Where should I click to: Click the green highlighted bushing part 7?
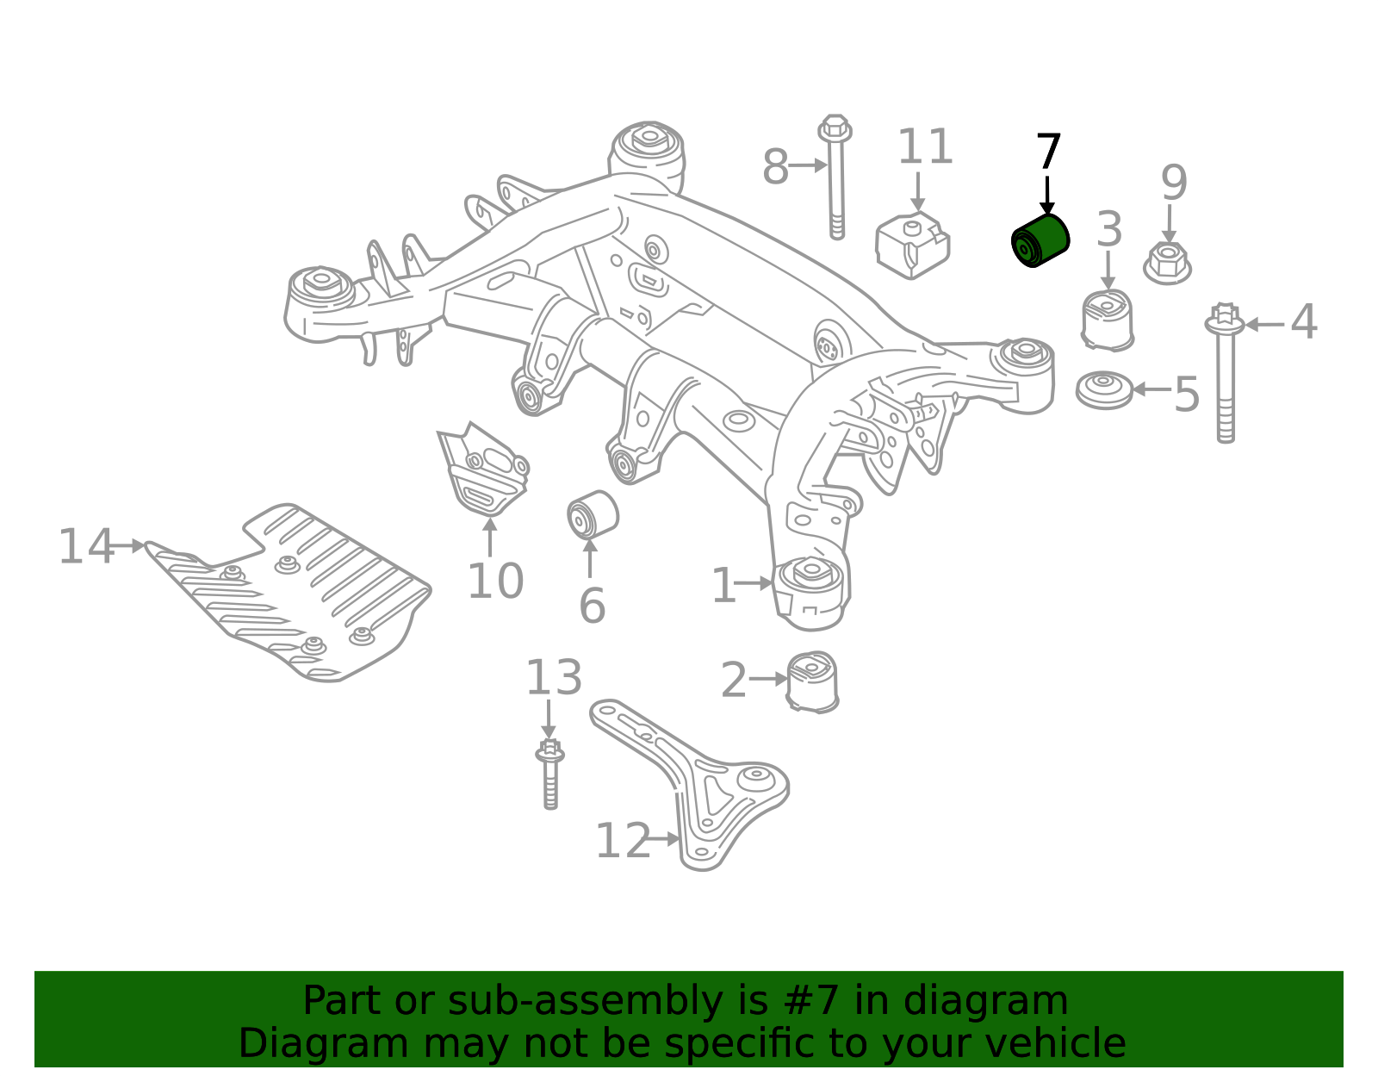point(1040,240)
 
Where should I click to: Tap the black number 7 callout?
point(1048,152)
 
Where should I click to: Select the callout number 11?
point(925,147)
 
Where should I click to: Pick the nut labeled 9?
point(1168,263)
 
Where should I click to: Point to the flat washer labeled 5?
point(1104,390)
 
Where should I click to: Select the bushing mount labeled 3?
point(1108,320)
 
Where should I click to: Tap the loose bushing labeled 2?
point(812,681)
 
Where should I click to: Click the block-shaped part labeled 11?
point(913,246)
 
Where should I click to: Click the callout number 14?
point(85,547)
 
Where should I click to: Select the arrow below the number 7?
point(1047,195)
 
